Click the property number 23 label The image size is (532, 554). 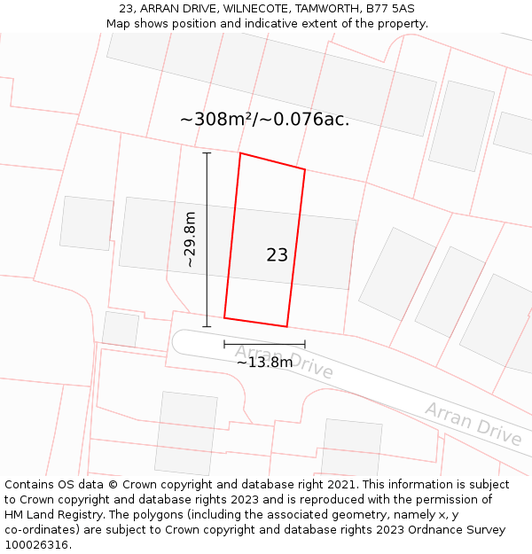click(x=277, y=255)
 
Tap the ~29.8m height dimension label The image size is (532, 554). click(x=190, y=239)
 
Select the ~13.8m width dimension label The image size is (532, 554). click(x=264, y=362)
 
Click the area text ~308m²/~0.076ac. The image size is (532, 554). click(x=264, y=120)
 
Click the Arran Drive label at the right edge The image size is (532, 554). click(x=473, y=424)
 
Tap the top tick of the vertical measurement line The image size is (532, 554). click(x=207, y=153)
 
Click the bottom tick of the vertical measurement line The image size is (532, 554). click(x=207, y=326)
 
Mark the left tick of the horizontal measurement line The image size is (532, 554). click(x=224, y=344)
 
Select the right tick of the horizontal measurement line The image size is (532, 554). click(x=305, y=344)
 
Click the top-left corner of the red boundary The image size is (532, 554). click(x=240, y=153)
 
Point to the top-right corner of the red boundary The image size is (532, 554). click(x=305, y=168)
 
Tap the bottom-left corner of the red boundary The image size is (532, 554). click(x=224, y=317)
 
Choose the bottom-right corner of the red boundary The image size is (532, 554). click(x=287, y=326)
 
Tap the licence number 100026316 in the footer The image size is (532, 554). click(x=38, y=545)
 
